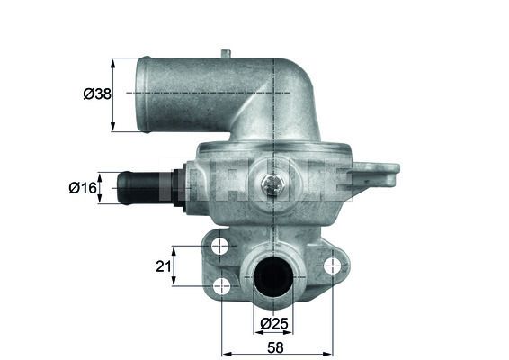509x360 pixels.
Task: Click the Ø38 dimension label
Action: pyautogui.click(x=97, y=94)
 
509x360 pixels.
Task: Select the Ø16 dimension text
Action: pyautogui.click(x=83, y=188)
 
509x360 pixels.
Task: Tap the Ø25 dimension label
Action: pyautogui.click(x=274, y=324)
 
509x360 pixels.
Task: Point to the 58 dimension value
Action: pyautogui.click(x=275, y=347)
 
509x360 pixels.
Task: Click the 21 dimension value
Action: pyautogui.click(x=164, y=266)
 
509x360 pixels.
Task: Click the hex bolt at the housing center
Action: pyautogui.click(x=272, y=185)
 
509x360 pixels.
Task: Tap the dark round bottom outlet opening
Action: pyautogui.click(x=273, y=277)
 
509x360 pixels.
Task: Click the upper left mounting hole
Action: pyautogui.click(x=220, y=246)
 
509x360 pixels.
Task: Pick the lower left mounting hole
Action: pyautogui.click(x=221, y=286)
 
